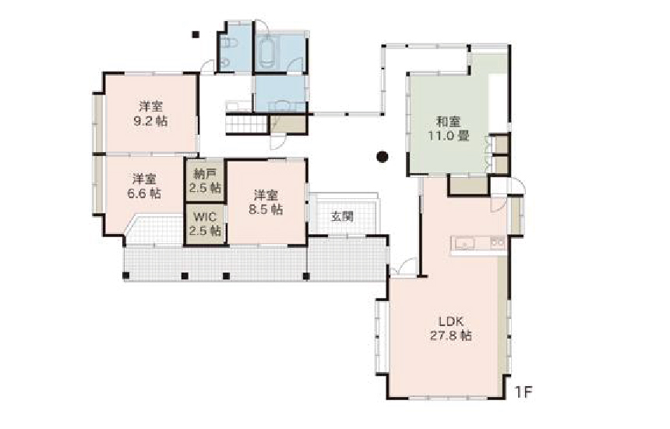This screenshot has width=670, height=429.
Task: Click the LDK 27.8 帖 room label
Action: click(451, 328)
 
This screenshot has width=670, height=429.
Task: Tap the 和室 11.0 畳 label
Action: click(448, 129)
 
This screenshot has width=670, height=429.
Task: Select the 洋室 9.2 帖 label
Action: click(150, 113)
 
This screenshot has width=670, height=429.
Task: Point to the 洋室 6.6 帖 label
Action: click(144, 186)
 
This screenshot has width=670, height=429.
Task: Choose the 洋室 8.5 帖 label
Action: click(266, 202)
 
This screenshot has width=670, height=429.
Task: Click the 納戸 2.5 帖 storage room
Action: click(205, 180)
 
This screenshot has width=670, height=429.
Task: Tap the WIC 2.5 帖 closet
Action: click(205, 224)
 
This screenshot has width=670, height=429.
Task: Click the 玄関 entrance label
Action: click(342, 216)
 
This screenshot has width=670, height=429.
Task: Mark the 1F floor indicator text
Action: click(524, 392)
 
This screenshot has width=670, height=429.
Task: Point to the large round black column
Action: click(382, 157)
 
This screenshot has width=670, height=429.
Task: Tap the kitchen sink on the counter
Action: click(464, 244)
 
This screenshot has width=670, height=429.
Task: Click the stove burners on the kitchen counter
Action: click(498, 243)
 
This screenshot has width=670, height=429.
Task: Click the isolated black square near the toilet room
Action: click(196, 34)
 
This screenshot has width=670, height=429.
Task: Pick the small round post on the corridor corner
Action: click(384, 44)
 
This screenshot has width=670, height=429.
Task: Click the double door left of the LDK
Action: click(404, 268)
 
